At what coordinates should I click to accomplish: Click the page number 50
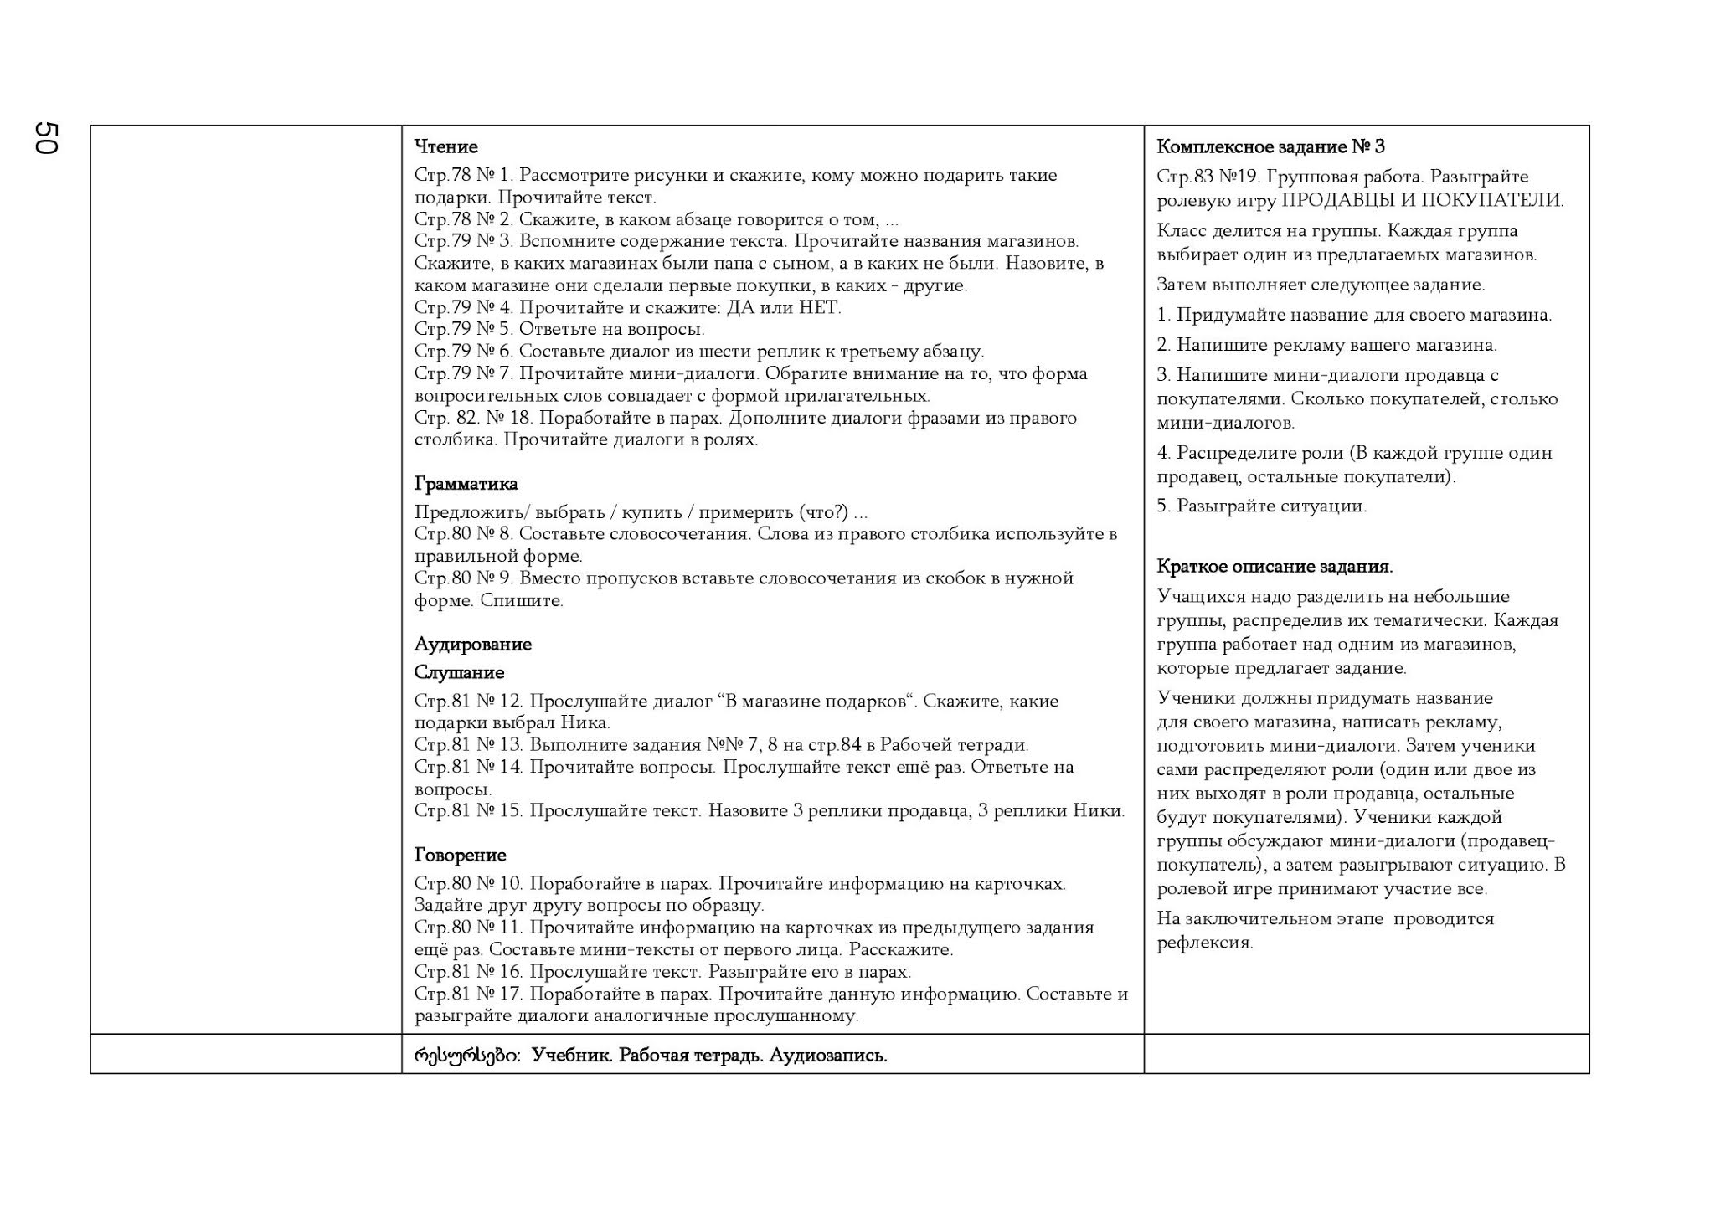click(46, 138)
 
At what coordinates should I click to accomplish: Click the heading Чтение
click(445, 147)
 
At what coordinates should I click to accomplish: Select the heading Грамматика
click(466, 484)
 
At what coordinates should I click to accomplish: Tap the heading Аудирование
click(472, 645)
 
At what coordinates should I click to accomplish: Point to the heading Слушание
click(459, 673)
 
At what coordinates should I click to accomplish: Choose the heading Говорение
click(460, 856)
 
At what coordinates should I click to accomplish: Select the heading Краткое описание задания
click(1275, 567)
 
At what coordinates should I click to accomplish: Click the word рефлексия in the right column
click(1204, 943)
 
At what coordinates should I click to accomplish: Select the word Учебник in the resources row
click(571, 1056)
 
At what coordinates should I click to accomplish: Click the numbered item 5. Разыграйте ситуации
click(1261, 506)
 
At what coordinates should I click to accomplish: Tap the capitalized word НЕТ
click(818, 308)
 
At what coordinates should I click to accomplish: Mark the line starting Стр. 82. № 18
click(745, 419)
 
